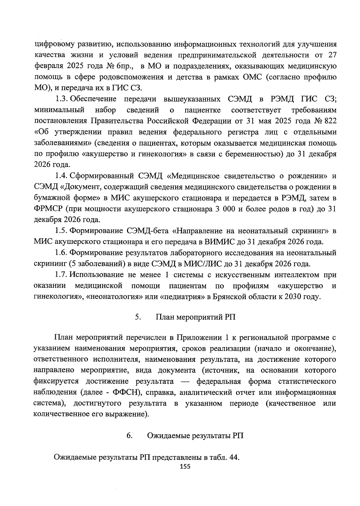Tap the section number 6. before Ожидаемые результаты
point(130,436)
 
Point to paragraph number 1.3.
point(62,99)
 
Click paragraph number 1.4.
point(62,176)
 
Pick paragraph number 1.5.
point(62,231)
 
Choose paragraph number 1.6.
point(62,253)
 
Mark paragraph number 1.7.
point(62,275)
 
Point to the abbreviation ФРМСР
point(48,209)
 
